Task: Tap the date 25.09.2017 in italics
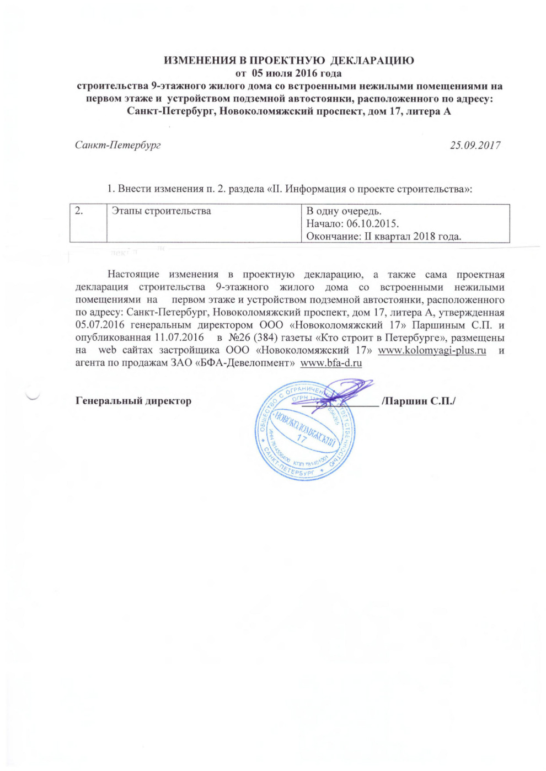coord(475,145)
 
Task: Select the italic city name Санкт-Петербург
coord(118,145)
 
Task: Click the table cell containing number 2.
coord(88,223)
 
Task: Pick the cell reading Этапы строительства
coord(161,211)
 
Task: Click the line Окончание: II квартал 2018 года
coord(383,236)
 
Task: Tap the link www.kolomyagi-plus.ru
coord(432,350)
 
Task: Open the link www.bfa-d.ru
coord(331,363)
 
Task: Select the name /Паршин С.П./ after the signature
coord(419,401)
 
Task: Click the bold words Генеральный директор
coord(133,401)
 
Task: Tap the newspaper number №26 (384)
coord(253,338)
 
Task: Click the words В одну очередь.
coord(344,211)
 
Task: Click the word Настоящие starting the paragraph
coord(133,274)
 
